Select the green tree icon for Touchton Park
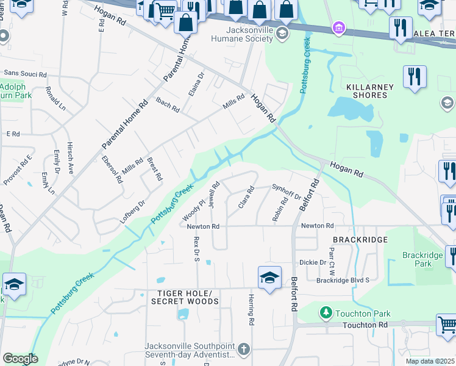coord(326,314)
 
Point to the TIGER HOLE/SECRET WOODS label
coord(184,297)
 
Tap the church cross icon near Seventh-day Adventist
coord(244,350)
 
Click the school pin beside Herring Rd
coord(269,279)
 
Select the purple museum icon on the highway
coord(338,27)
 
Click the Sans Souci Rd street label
coord(25,74)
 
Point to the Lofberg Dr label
coord(133,211)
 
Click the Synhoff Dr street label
coord(286,192)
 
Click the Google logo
coord(20,359)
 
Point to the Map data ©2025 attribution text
coord(430,361)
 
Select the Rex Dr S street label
coord(197,249)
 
